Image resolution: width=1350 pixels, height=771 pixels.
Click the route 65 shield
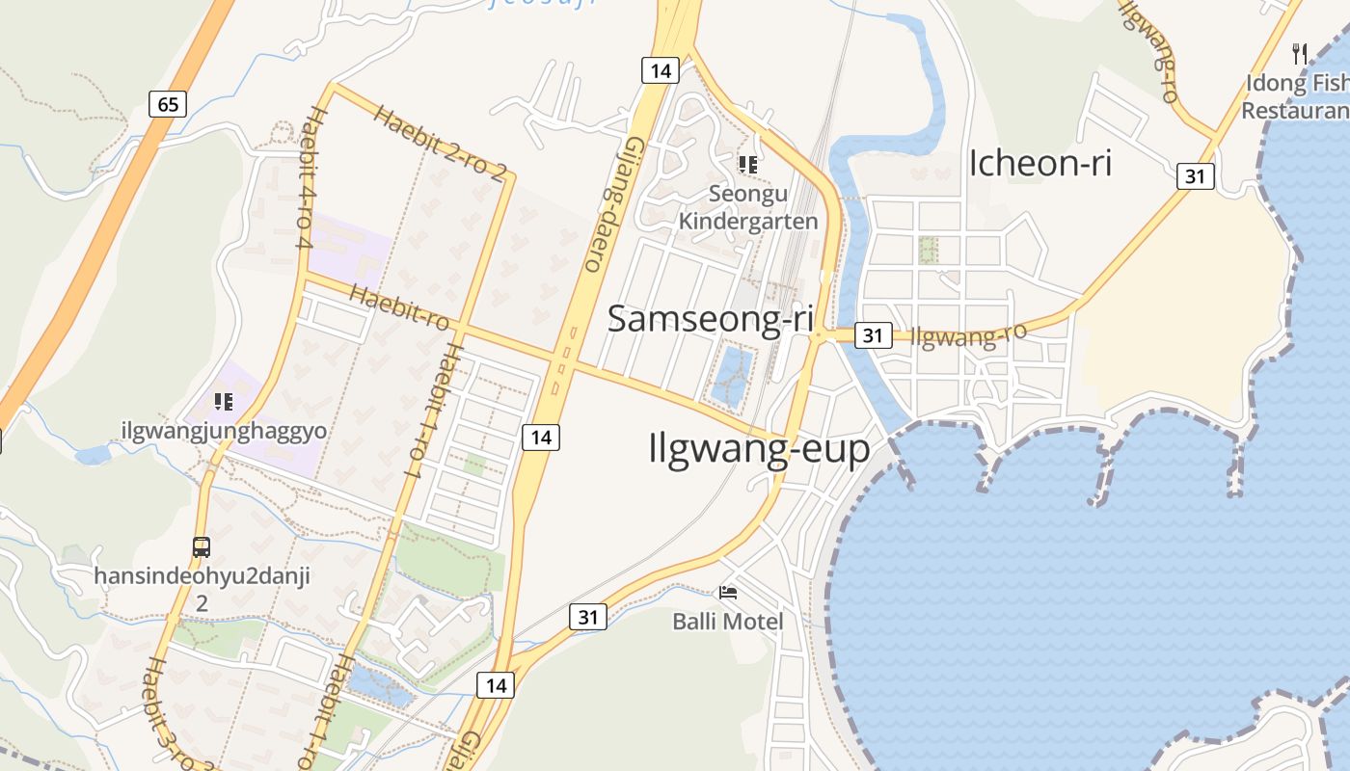click(168, 103)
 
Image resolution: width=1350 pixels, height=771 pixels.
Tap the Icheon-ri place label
click(1039, 163)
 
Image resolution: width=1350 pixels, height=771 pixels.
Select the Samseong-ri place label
click(710, 319)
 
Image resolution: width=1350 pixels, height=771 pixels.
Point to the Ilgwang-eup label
click(759, 448)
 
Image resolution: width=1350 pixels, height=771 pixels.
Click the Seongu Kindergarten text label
click(748, 207)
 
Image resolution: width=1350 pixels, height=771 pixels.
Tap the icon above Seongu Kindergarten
click(747, 165)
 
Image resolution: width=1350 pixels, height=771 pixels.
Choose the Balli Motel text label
click(728, 622)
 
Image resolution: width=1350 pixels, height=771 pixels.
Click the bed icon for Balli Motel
click(729, 592)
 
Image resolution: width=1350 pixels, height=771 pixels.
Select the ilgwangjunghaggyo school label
click(224, 431)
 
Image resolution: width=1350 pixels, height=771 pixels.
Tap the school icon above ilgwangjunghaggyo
click(224, 401)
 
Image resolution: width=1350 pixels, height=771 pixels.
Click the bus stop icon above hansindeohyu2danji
click(202, 547)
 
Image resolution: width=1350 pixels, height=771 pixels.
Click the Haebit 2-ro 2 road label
click(440, 143)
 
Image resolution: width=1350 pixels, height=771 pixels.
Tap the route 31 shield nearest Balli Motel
click(588, 617)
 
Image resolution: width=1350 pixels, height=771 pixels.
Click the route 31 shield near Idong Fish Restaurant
click(1196, 176)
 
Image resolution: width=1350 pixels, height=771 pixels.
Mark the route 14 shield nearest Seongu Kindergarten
click(661, 69)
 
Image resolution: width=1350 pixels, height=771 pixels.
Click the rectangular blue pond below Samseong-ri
click(732, 375)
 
